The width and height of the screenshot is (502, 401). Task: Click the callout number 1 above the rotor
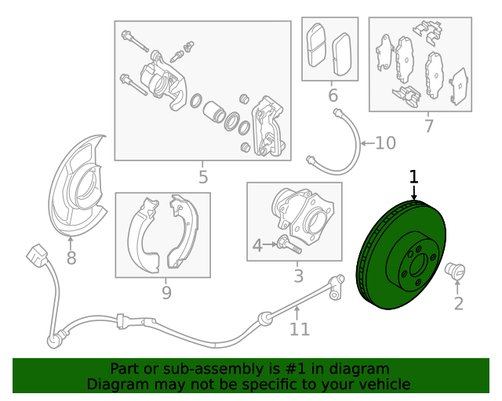click(x=414, y=177)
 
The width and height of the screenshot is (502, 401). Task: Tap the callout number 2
click(x=458, y=303)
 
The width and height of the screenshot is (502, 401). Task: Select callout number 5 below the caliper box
click(x=203, y=177)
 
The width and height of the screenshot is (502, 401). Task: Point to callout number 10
click(x=385, y=143)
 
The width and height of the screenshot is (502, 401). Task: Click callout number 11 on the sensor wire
click(x=300, y=329)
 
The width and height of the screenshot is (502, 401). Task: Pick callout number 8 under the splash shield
click(x=71, y=258)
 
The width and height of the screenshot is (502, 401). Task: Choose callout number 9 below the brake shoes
click(x=166, y=292)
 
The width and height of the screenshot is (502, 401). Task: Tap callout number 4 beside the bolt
click(x=257, y=246)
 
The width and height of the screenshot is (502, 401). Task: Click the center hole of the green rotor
click(x=418, y=266)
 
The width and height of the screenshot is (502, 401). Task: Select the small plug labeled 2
click(x=455, y=271)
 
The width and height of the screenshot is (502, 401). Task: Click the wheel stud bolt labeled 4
click(x=289, y=244)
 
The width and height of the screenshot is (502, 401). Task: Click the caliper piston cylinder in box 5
click(x=214, y=111)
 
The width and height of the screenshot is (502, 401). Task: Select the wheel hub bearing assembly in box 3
click(x=303, y=216)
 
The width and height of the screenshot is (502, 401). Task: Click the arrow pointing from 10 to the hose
click(x=368, y=143)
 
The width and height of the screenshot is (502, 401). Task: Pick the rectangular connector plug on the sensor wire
click(x=37, y=255)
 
